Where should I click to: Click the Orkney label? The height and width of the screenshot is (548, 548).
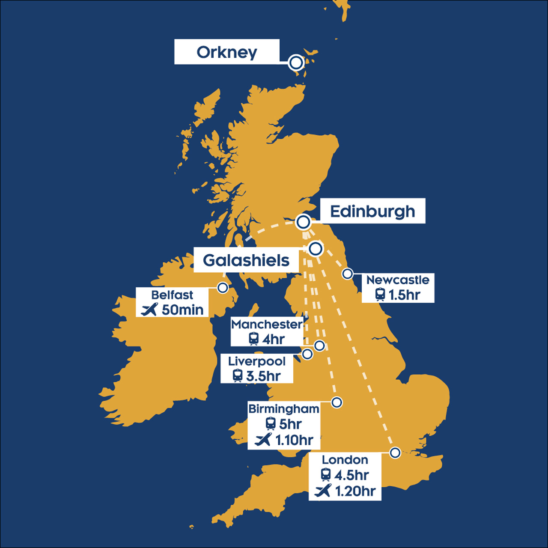[226, 52]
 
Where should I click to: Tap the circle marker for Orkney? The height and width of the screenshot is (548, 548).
[296, 63]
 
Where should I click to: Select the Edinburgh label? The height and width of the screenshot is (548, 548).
[372, 211]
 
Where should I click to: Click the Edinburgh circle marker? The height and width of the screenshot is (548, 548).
[303, 222]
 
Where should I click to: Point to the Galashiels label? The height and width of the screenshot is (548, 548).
[246, 260]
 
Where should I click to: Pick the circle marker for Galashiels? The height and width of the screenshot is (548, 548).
[316, 248]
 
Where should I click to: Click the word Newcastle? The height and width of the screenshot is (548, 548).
[398, 280]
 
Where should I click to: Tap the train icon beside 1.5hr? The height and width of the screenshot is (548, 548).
[380, 295]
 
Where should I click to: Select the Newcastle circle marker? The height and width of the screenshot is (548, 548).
[348, 274]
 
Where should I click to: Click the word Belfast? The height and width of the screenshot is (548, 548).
[172, 295]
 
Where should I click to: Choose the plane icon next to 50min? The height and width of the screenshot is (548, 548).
[149, 309]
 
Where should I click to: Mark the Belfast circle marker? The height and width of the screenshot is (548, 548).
[223, 288]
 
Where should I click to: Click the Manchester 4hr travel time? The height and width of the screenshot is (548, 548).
[273, 339]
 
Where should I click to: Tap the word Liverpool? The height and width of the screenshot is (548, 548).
[257, 361]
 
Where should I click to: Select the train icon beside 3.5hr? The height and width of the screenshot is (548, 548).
[238, 376]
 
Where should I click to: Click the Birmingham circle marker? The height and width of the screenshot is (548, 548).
[337, 402]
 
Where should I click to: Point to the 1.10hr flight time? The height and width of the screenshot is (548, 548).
[294, 440]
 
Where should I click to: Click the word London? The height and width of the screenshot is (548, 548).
[345, 460]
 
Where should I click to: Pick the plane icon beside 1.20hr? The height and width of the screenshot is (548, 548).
[323, 491]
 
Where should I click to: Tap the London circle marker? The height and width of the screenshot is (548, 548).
[395, 453]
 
